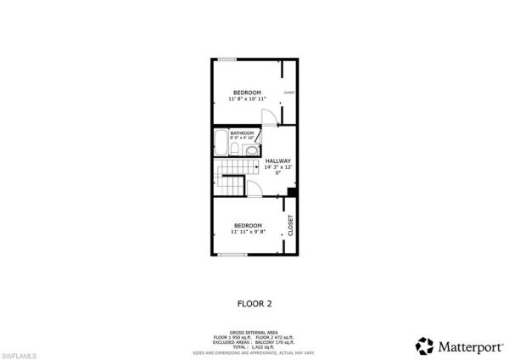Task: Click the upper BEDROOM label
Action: (x=247, y=92)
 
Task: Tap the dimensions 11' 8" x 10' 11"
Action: (x=247, y=99)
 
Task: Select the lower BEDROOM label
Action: (x=247, y=225)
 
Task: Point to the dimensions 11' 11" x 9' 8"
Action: (x=247, y=232)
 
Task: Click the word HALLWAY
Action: (x=277, y=160)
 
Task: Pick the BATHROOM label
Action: (x=242, y=132)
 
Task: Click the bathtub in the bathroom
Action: (x=221, y=143)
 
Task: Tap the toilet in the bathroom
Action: (x=234, y=149)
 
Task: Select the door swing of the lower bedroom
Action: (x=254, y=190)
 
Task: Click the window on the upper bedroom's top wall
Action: (x=227, y=59)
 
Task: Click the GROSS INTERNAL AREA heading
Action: (x=255, y=332)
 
